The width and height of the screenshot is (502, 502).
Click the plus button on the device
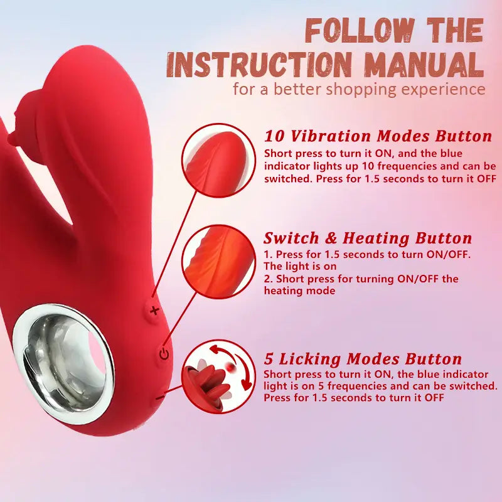(154, 310)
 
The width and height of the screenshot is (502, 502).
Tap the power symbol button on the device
(164, 354)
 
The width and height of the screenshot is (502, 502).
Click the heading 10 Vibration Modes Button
(378, 136)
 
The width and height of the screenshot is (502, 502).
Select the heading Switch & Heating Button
(368, 238)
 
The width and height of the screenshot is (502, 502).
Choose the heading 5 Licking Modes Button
(363, 358)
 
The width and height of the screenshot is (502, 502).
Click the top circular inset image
(218, 161)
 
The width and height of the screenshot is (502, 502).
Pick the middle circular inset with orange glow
(218, 262)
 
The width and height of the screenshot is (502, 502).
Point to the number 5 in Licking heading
(269, 359)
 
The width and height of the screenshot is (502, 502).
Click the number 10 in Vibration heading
(274, 136)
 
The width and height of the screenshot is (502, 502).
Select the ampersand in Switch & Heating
(331, 238)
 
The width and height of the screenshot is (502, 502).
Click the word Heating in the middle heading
(375, 239)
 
